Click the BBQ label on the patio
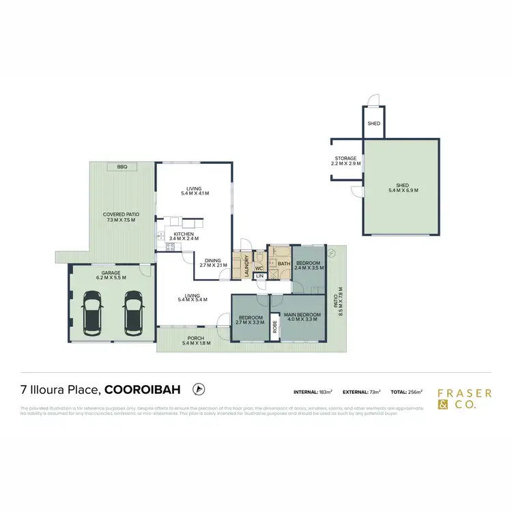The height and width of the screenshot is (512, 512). pyautogui.click(x=122, y=167)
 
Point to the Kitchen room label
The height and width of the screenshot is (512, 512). pyautogui.click(x=184, y=236)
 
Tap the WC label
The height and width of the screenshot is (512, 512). pyautogui.click(x=259, y=268)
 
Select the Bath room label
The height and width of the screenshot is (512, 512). pyautogui.click(x=283, y=264)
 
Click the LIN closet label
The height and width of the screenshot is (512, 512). pyautogui.click(x=259, y=276)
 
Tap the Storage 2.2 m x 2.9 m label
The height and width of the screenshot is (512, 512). pyautogui.click(x=344, y=161)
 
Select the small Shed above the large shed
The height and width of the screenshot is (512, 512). pyautogui.click(x=373, y=124)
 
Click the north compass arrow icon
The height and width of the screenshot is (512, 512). pyautogui.click(x=199, y=389)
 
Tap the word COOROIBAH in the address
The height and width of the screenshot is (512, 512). pyautogui.click(x=143, y=390)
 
